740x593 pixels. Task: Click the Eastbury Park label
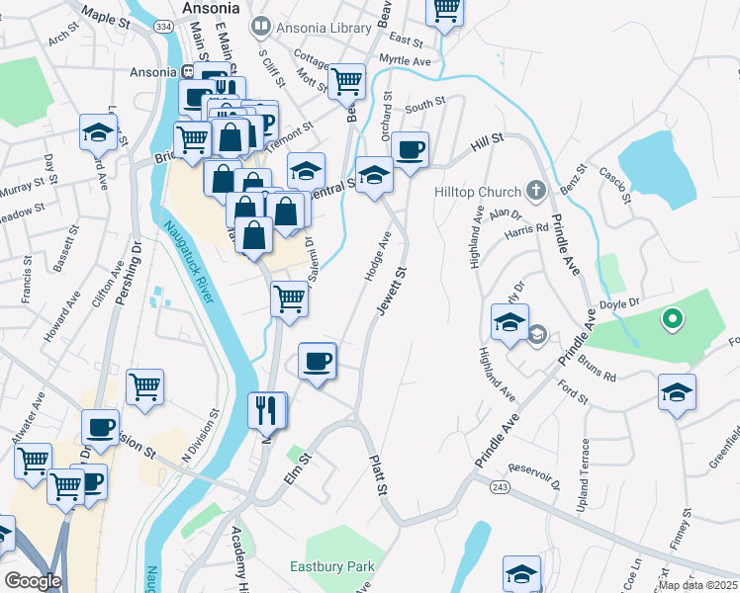(x=332, y=567)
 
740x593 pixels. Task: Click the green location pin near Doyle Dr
(x=672, y=319)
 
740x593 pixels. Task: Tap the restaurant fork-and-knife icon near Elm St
(x=265, y=409)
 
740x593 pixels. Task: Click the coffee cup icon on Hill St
(x=410, y=148)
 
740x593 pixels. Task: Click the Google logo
(x=32, y=581)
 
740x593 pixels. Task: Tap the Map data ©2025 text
(x=698, y=585)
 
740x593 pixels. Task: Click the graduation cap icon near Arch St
(x=98, y=131)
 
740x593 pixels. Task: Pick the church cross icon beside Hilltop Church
(x=535, y=190)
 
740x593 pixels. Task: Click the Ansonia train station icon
(x=188, y=71)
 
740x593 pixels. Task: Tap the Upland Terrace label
(x=587, y=475)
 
